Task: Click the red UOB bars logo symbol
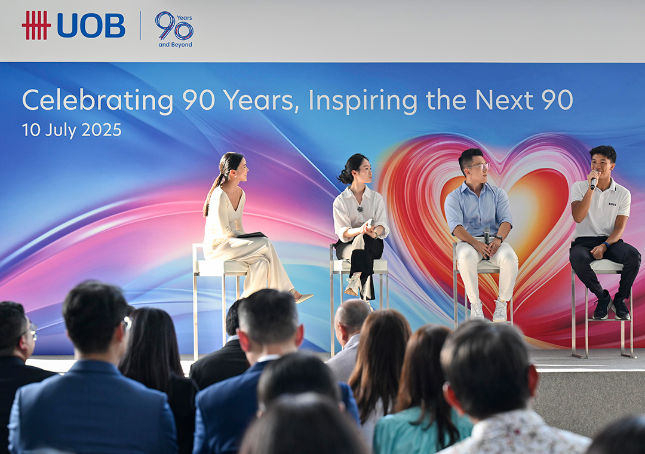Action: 36,25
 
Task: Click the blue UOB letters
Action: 91,26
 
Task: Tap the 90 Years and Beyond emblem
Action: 174,29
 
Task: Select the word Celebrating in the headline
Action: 97,100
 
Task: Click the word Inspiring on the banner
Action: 363,100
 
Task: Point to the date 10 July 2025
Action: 72,130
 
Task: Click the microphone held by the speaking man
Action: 594,180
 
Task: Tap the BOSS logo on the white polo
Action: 612,204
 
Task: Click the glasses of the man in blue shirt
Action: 479,167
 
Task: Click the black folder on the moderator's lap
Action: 252,235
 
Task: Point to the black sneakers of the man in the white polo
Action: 612,306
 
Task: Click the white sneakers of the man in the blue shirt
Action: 489,311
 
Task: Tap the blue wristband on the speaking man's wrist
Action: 607,245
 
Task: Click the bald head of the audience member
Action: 352,315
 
